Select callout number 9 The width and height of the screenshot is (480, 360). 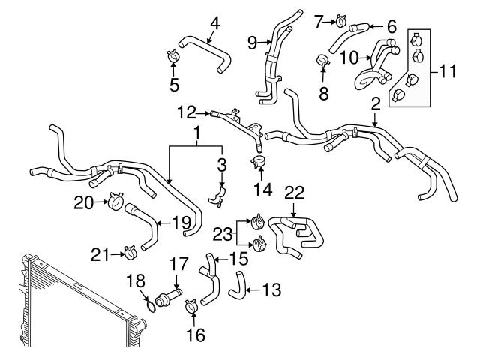[252, 42]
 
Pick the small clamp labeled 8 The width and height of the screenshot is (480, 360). [324, 60]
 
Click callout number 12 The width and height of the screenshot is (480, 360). [187, 113]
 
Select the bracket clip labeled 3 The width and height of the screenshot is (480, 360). [218, 196]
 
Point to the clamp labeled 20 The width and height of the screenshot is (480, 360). [115, 200]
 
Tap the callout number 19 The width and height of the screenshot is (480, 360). [180, 222]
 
